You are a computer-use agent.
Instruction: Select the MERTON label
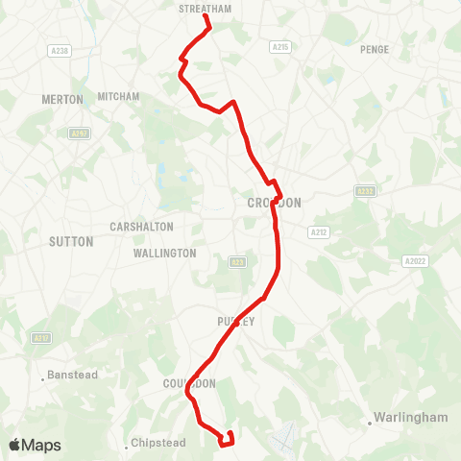(62, 99)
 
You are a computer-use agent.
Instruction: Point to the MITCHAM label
(118, 96)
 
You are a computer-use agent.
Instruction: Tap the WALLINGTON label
(165, 254)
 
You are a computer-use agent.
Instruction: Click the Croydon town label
(274, 203)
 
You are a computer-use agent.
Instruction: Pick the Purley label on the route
(236, 322)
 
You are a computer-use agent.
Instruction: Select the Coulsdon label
(189, 383)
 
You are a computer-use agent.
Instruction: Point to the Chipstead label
(158, 445)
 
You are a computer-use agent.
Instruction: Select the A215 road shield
(280, 46)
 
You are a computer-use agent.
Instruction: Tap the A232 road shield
(364, 191)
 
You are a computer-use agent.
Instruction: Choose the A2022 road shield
(415, 260)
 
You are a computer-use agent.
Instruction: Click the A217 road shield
(41, 338)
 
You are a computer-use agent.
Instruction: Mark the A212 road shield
(318, 232)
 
